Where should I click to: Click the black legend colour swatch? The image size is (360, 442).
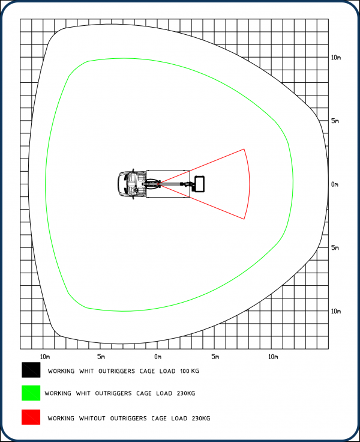pos(31,370)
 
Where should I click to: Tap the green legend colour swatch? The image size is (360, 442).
pos(31,393)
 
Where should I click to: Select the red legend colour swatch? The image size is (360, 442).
pos(31,417)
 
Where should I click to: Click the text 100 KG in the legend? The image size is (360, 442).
pos(190,371)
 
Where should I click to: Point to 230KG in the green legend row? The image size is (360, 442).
pos(186,393)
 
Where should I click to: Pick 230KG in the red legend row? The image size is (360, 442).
pos(201,419)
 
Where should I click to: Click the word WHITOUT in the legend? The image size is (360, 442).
pos(92,419)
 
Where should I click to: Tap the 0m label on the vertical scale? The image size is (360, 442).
pos(335,184)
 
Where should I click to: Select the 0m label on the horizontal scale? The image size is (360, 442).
pos(158,357)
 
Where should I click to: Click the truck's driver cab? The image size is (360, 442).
pos(132,184)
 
